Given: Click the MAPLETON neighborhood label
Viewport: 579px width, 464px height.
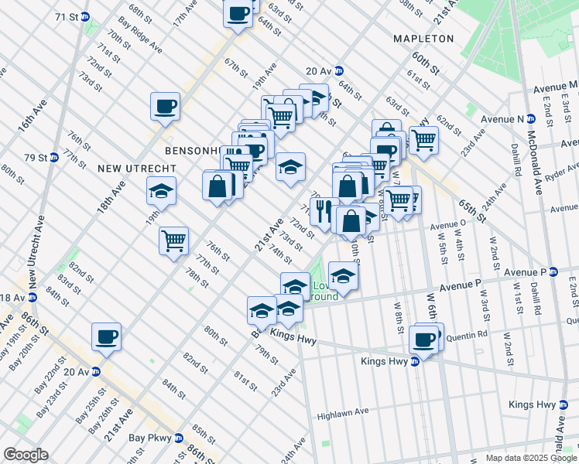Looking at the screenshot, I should point(423,38).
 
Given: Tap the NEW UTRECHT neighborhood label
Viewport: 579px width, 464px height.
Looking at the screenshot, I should point(137,168).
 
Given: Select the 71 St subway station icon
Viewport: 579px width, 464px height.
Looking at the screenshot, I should point(85,16).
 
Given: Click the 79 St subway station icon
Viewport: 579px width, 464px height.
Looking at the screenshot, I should point(53,157).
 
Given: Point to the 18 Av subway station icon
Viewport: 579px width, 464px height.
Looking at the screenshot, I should point(33,298).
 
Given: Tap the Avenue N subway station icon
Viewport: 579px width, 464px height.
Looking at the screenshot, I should point(531,119).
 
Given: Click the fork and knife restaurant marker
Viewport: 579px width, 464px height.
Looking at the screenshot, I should point(322,210).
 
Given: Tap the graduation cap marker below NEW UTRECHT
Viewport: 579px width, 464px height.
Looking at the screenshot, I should point(161,191).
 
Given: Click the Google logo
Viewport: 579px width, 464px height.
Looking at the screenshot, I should point(26,455).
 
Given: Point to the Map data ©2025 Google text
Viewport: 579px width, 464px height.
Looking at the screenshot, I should point(531,458).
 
